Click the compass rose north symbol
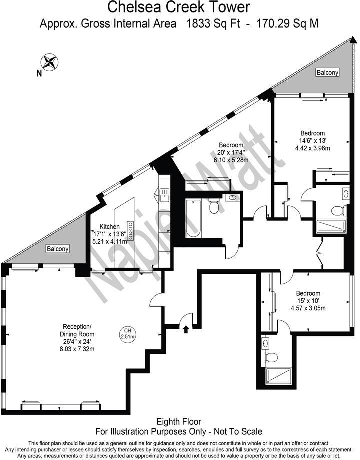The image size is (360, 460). pos(50,63)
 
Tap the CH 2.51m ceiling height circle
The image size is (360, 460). pos(127,333)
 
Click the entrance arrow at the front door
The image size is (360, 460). pos(186,329)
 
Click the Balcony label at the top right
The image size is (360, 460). pos(327,73)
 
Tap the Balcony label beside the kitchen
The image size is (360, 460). pos(58,249)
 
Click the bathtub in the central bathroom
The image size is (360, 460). pos(193,219)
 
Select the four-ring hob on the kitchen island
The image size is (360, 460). pos(131,230)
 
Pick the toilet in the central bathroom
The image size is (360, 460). pos(214,206)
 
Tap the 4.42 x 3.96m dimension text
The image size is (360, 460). pos(312,148)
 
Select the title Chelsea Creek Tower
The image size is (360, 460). pos(179,8)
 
